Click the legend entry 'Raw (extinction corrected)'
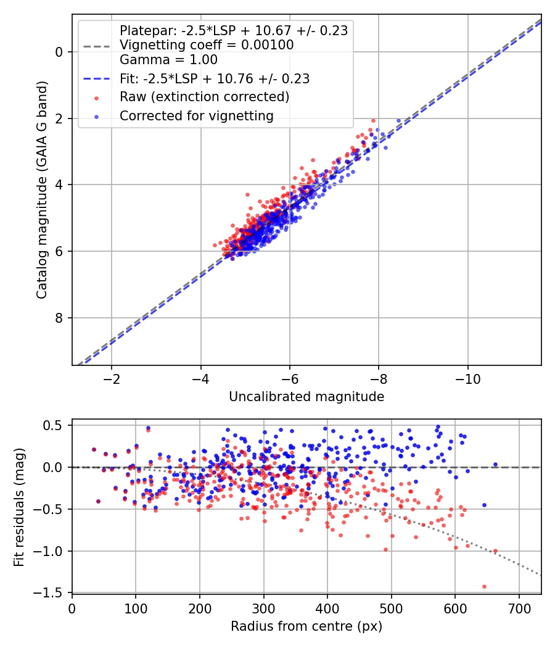[x=204, y=98]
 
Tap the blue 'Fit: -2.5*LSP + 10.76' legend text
[x=214, y=79]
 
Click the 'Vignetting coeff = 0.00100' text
[x=207, y=45]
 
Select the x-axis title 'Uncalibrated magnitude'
[x=306, y=397]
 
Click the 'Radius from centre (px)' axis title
[x=306, y=626]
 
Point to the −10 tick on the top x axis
[x=467, y=377]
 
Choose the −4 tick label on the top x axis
[x=200, y=377]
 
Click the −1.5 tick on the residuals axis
[x=54, y=593]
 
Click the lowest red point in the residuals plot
[x=484, y=586]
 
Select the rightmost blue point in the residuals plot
[x=495, y=464]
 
